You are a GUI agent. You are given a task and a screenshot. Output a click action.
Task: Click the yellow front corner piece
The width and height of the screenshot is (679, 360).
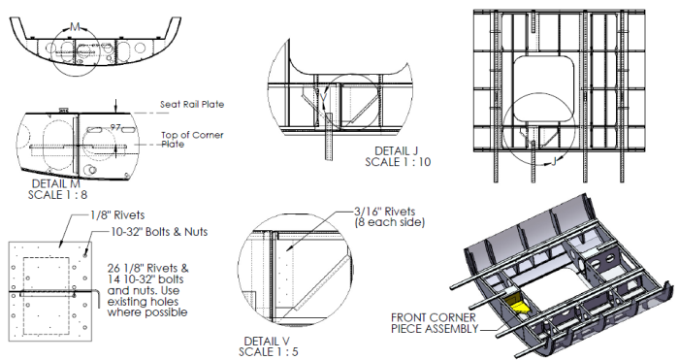coord(517,304)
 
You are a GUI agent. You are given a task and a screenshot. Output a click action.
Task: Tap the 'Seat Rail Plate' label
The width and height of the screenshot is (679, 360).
coord(192,105)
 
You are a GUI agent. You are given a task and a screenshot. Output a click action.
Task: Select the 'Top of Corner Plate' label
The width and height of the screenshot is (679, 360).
coord(192,140)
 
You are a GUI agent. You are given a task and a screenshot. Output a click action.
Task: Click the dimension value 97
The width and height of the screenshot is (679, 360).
coord(115,127)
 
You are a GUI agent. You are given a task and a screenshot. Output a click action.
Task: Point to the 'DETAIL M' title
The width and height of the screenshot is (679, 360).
coord(56,183)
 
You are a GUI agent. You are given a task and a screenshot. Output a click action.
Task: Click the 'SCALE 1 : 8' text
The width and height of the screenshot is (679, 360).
coord(57,195)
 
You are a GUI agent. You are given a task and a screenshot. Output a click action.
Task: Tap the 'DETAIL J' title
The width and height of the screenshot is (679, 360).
coord(396,150)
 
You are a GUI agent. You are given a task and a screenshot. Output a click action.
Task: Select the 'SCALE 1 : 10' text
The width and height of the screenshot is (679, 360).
coord(398,162)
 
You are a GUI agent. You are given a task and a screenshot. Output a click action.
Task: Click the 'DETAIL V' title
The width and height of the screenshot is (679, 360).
coord(267,341)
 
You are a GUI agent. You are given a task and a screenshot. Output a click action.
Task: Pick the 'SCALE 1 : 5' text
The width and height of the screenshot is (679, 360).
coord(269,352)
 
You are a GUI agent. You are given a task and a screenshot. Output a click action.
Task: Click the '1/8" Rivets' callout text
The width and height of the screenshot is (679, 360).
coord(117,215)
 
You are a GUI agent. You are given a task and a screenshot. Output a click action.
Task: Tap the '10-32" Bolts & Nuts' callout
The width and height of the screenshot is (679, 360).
coord(159,232)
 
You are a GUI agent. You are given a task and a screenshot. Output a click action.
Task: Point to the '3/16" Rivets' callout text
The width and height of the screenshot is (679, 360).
coord(385,212)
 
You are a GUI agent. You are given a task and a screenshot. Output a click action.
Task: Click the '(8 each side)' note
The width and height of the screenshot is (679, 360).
coord(390,222)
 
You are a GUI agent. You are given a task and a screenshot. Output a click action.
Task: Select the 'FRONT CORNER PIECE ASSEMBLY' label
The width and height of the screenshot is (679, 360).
coord(435,323)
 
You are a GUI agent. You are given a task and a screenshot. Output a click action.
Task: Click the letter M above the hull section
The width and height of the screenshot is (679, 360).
coord(75,27)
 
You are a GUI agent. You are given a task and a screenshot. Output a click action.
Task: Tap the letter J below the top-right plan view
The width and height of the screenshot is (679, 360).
coord(553,162)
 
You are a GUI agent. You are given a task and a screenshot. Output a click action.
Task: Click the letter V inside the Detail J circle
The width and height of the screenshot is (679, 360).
coord(323,99)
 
